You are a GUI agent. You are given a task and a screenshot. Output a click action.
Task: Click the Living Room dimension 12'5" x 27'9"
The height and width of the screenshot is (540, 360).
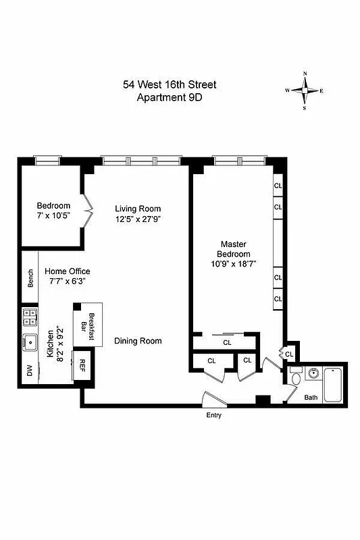click(x=138, y=219)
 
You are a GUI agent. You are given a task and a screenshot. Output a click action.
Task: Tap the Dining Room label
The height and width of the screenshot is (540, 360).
click(x=138, y=341)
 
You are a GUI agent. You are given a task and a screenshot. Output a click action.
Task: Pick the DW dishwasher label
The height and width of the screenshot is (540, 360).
click(x=29, y=370)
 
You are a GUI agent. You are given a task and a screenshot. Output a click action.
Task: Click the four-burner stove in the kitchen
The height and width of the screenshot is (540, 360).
click(x=30, y=316)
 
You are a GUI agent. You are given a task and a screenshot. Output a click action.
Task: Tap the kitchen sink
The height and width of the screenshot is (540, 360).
click(x=30, y=342)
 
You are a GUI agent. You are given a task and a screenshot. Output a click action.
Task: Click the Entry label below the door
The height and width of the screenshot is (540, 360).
click(x=213, y=415)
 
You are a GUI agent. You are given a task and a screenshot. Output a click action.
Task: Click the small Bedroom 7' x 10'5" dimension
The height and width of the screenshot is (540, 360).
click(x=53, y=217)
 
